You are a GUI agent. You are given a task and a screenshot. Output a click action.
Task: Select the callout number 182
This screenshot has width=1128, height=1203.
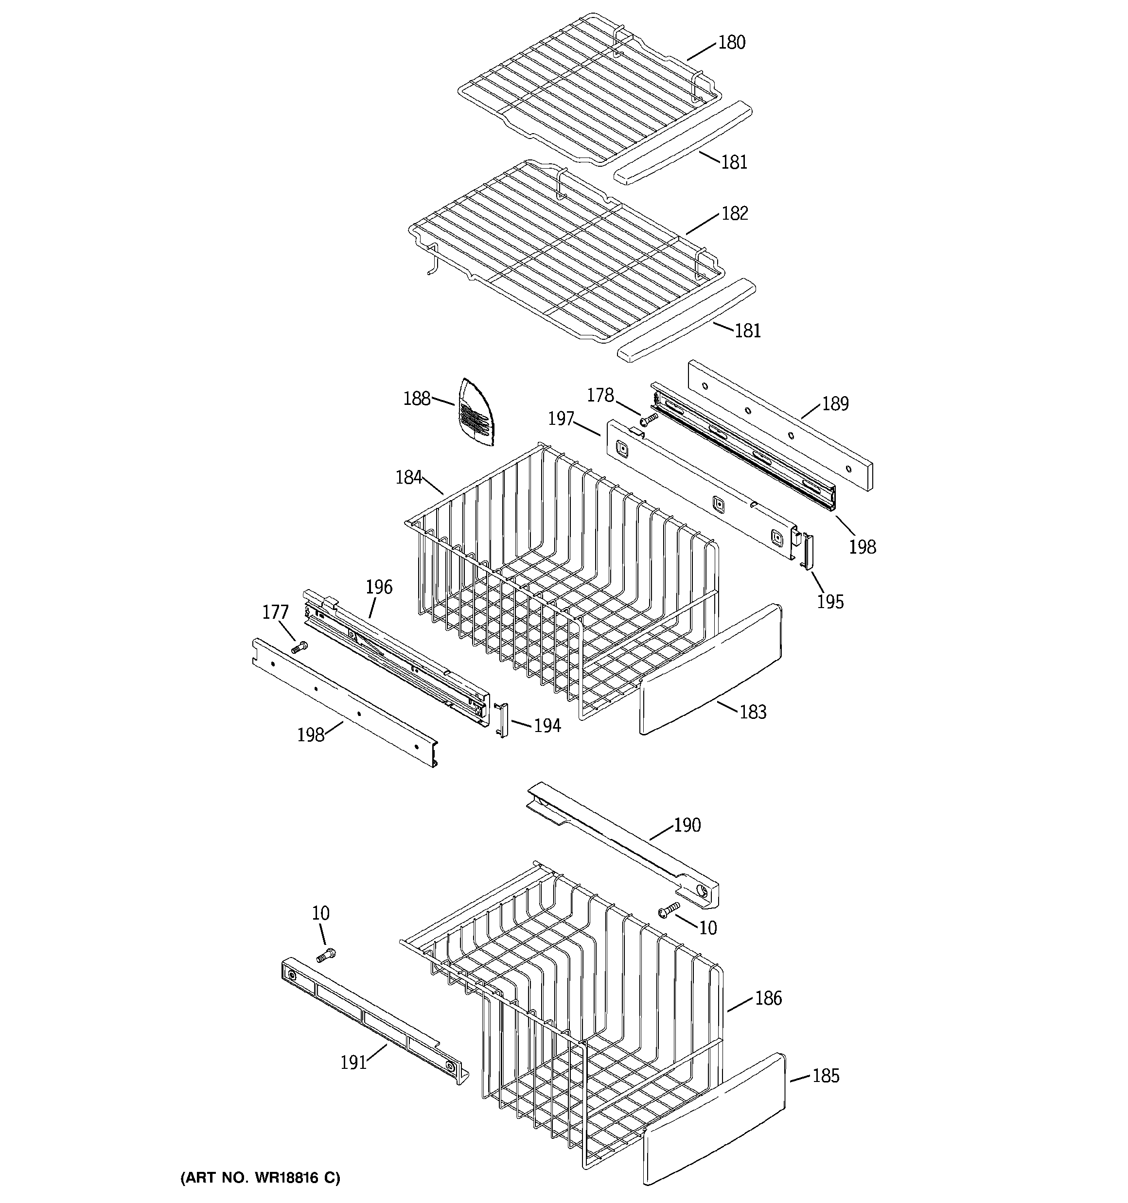pos(735,213)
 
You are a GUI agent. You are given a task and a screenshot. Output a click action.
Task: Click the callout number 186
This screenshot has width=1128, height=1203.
pos(768,998)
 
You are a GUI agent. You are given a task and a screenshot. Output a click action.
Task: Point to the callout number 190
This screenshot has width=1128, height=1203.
pos(687,825)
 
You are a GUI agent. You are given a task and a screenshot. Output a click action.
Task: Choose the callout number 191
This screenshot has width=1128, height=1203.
pos(353,1062)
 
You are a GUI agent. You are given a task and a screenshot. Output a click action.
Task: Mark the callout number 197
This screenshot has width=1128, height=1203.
pos(561,419)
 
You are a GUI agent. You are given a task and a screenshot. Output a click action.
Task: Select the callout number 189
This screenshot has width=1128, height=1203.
pos(835,403)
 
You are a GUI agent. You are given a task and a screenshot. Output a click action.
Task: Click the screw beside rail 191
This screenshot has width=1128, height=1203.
pos(326,956)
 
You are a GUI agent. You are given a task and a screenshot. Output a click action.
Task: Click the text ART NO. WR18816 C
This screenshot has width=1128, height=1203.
pos(260,1178)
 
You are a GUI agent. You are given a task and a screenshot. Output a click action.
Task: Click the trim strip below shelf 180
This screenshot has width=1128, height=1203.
pos(683,143)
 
